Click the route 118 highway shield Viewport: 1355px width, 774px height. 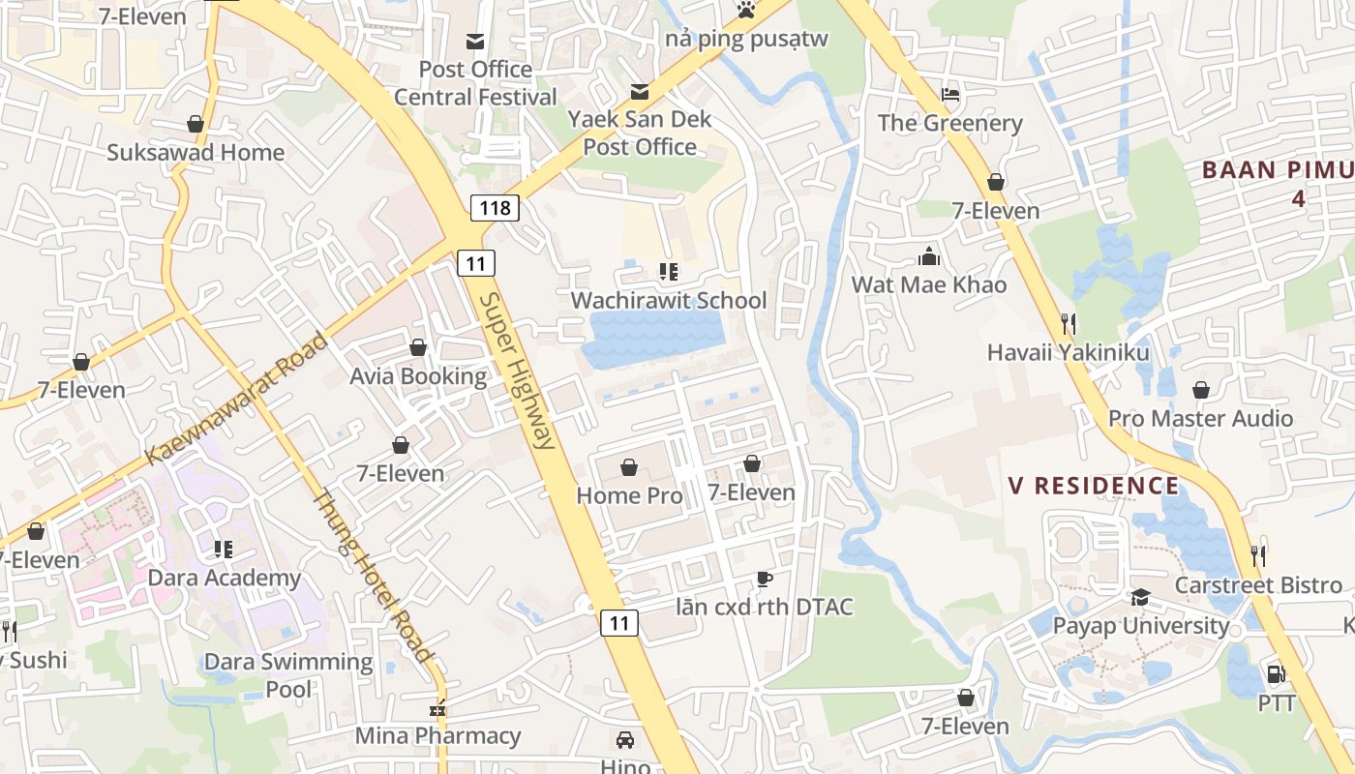coord(496,207)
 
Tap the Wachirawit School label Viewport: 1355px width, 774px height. coord(668,300)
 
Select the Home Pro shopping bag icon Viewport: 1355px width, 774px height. coord(629,468)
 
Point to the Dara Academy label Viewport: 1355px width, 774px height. coord(224,578)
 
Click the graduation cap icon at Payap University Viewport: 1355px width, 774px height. coord(1140,598)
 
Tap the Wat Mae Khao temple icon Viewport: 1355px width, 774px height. coord(929,256)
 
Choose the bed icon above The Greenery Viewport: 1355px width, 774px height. coord(950,95)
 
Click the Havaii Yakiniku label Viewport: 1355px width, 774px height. coord(1068,352)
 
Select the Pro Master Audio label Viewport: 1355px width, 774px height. coord(1200,418)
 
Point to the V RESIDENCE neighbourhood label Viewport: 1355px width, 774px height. coord(1094,486)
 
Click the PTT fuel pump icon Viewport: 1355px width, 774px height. coord(1276,674)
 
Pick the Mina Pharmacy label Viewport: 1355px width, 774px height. coord(437,735)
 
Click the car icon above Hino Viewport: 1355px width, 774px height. coord(625,740)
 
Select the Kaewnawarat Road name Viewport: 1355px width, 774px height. coord(237,398)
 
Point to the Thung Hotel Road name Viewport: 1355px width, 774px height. coord(372,576)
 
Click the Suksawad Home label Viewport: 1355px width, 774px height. coord(196,152)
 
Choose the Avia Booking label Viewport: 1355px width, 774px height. coord(418,375)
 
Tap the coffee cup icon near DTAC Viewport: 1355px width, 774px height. coord(765,579)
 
